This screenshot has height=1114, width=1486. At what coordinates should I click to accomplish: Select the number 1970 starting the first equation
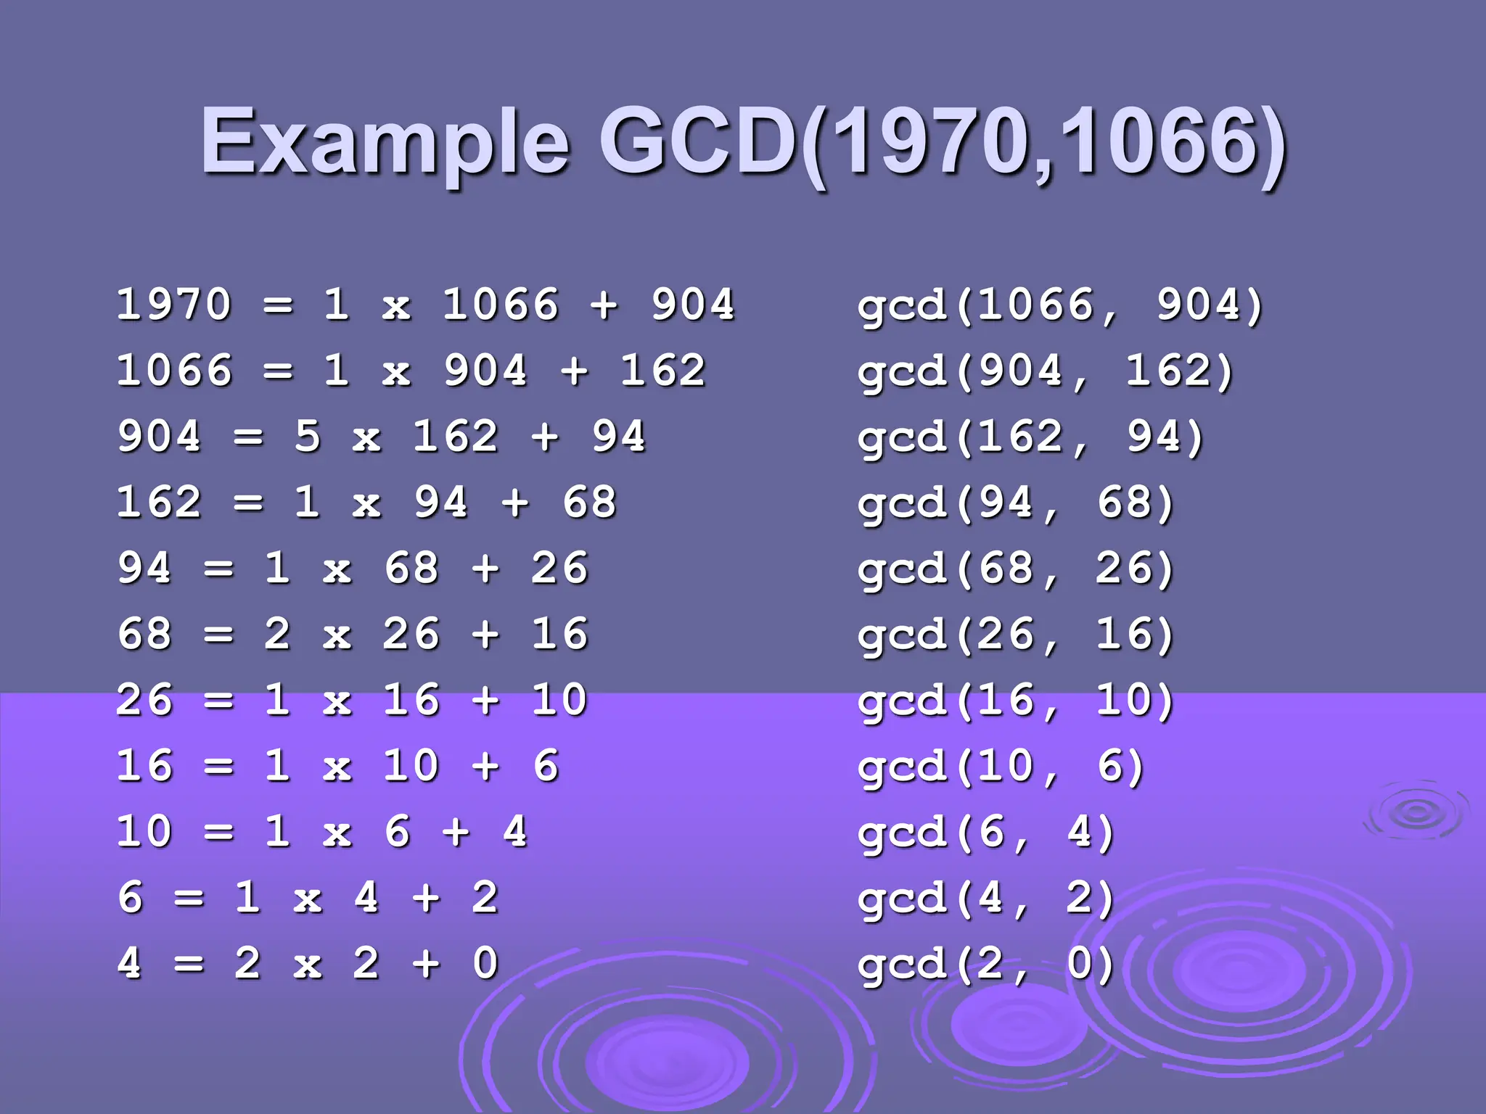click(x=174, y=305)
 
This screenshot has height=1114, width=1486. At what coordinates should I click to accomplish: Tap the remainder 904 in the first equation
click(x=693, y=305)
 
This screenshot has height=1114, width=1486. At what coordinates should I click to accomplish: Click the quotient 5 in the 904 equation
click(x=308, y=437)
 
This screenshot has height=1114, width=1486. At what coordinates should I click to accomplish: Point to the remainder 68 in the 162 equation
click(x=589, y=503)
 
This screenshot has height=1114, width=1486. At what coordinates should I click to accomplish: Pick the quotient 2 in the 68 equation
click(x=277, y=635)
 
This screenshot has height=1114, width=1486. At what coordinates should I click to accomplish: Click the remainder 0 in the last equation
click(x=485, y=964)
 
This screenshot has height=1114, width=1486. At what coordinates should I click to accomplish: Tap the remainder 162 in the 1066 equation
click(x=662, y=371)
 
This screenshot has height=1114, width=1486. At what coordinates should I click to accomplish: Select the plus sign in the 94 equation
click(x=485, y=569)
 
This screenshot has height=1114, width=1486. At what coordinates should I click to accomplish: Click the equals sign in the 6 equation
click(x=189, y=899)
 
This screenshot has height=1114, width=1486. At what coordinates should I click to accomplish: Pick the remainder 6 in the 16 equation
click(x=546, y=767)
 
